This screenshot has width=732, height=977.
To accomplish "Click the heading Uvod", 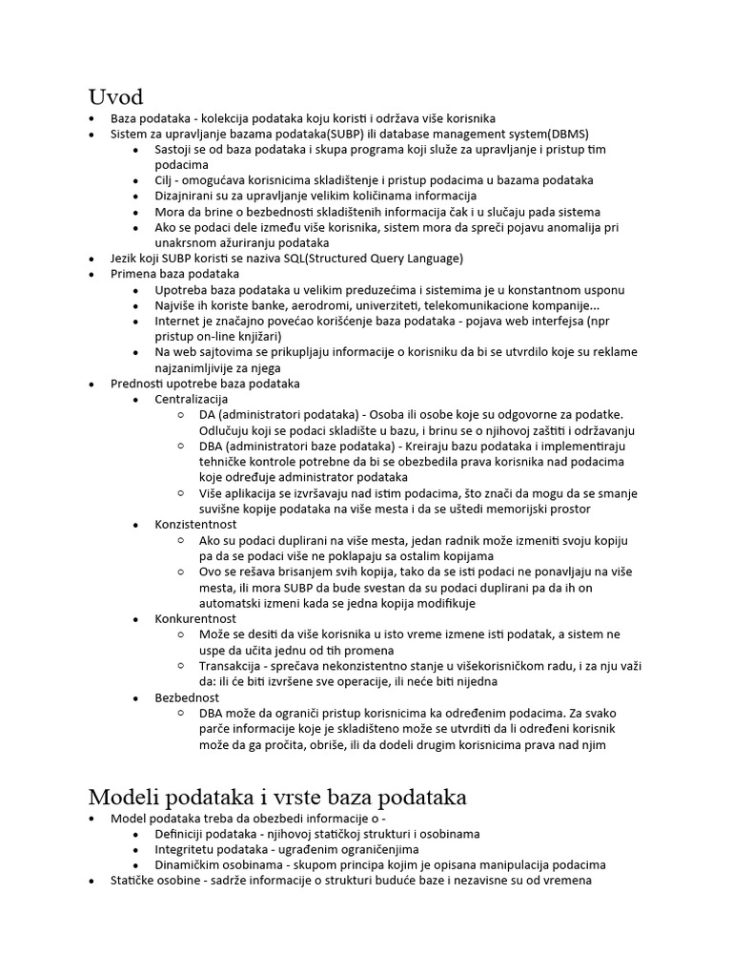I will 115,96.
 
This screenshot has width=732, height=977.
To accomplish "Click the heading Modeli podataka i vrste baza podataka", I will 277,797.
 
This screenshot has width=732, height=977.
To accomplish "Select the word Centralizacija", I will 192,398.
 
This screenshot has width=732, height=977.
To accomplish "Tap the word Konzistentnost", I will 195,524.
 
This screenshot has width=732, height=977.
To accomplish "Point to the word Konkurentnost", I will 195,618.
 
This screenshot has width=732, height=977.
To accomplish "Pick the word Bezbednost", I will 187,697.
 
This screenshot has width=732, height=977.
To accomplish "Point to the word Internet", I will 178,321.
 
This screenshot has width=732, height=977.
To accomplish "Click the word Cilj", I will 166,179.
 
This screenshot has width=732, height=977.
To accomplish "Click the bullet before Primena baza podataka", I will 91,274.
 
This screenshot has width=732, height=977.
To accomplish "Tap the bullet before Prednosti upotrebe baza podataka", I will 91,384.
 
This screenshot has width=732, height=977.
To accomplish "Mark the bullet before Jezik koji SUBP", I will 91,259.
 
